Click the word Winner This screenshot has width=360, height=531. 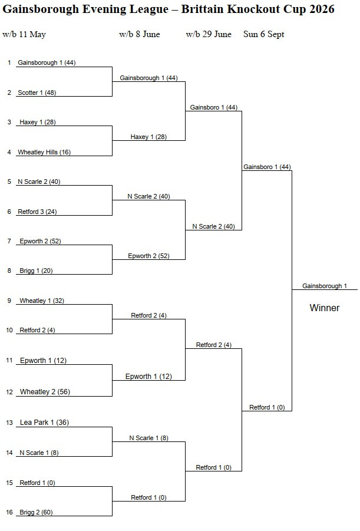pyautogui.click(x=324, y=308)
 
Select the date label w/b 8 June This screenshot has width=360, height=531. pyautogui.click(x=140, y=34)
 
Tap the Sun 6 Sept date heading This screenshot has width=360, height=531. pyautogui.click(x=263, y=34)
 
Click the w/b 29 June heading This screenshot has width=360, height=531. pyautogui.click(x=209, y=34)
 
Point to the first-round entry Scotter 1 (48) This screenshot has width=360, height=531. pyautogui.click(x=37, y=93)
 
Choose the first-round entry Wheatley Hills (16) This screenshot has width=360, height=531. pyautogui.click(x=44, y=152)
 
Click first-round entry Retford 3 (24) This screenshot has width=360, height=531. pyautogui.click(x=37, y=212)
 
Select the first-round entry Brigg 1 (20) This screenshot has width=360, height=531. pyautogui.click(x=37, y=271)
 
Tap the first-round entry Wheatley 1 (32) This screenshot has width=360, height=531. pyautogui.click(x=42, y=301)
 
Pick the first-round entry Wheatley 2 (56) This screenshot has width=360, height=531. pyautogui.click(x=45, y=392)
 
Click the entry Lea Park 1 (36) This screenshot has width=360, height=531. pyautogui.click(x=44, y=423)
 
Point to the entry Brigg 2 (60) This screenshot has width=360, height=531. pyautogui.click(x=37, y=512)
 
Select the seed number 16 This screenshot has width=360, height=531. pyautogui.click(x=9, y=512)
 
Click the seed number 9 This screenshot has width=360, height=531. pyautogui.click(x=9, y=301)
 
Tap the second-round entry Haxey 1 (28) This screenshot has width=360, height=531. pyautogui.click(x=148, y=137)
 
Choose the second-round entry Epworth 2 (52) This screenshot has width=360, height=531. pyautogui.click(x=148, y=256)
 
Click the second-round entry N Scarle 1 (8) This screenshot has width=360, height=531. pyautogui.click(x=148, y=438)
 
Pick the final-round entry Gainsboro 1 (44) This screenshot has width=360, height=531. pyautogui.click(x=267, y=167)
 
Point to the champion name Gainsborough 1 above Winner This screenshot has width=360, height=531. pyautogui.click(x=325, y=286)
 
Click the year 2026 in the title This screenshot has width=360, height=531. pyautogui.click(x=322, y=9)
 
